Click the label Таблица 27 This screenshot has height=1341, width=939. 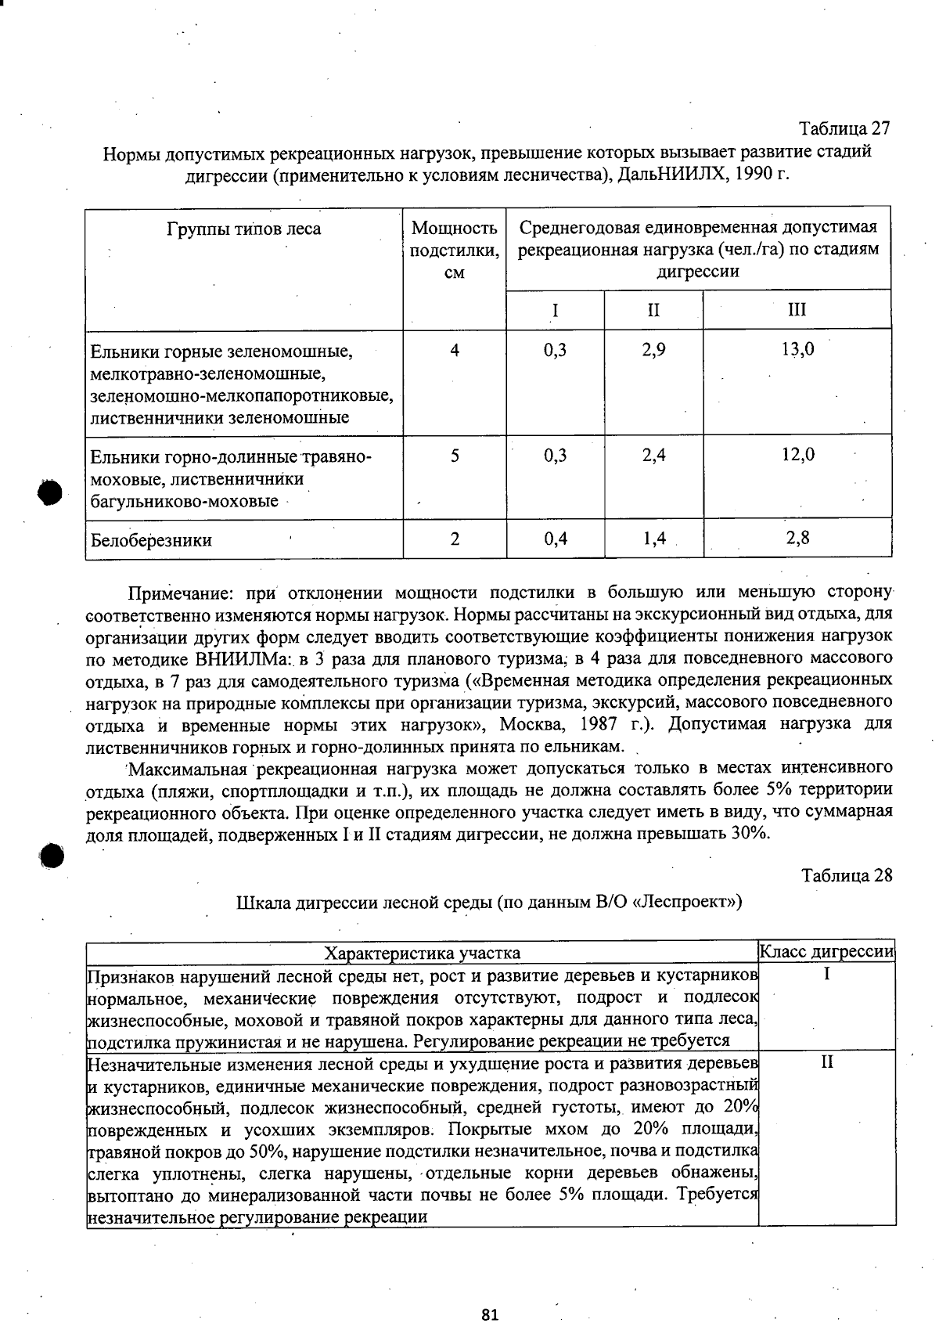(844, 128)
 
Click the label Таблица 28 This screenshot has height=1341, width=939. (846, 874)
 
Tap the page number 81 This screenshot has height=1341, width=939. (491, 1314)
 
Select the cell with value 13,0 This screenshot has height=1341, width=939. (797, 350)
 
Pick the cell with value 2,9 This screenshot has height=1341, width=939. (653, 350)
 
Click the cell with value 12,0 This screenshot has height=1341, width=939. (797, 455)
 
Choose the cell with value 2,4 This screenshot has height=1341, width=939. (653, 455)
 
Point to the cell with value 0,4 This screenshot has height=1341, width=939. (555, 539)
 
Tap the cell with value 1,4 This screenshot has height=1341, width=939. (653, 539)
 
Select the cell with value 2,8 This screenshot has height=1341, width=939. (797, 538)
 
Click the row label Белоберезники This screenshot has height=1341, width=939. (151, 540)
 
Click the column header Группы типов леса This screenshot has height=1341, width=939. (243, 229)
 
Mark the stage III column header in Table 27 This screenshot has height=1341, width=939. (797, 310)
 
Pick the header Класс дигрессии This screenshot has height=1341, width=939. (827, 951)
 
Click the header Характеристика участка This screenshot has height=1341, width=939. (423, 953)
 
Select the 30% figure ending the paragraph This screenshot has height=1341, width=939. (750, 833)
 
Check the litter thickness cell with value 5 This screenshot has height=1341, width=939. (455, 455)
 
